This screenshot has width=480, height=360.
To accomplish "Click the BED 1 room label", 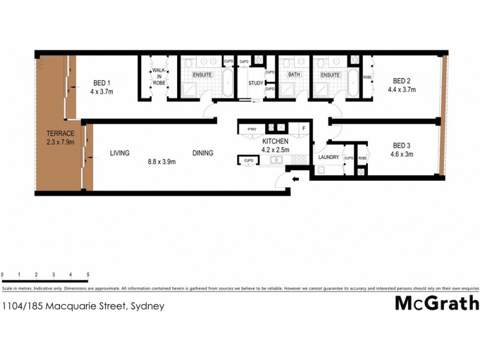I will (101, 83).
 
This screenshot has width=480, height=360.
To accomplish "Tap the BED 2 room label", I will (401, 81).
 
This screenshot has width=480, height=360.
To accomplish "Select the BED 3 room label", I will (401, 145).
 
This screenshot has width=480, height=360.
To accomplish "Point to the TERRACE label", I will (60, 133).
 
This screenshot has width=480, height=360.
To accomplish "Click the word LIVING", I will (119, 153).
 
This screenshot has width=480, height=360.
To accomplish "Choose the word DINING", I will (203, 153).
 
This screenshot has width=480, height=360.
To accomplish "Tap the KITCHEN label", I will (275, 141).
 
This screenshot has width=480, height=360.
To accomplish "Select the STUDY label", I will (255, 83).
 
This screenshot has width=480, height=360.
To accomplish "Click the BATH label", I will (293, 75).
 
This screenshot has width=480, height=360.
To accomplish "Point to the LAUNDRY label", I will (328, 157).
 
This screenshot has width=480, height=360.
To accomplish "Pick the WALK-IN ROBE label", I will (158, 76).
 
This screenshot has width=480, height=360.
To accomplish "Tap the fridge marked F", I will (304, 128).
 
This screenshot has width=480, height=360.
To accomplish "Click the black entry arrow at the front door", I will (295, 179).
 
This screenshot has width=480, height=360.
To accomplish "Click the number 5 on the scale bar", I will (88, 275).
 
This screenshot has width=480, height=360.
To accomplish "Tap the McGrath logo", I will (437, 303).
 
